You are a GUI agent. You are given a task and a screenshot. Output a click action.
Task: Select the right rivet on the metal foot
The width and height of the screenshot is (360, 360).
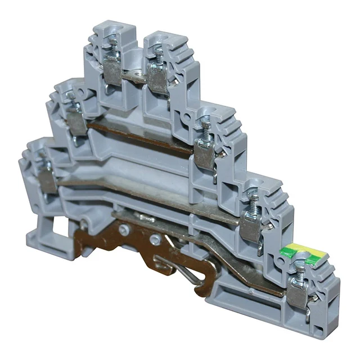tap(153, 239)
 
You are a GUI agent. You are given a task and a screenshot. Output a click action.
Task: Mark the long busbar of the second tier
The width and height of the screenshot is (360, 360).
tap(141, 135)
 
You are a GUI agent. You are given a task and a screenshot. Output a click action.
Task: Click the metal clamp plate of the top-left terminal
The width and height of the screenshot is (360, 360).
tap(112, 73)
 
